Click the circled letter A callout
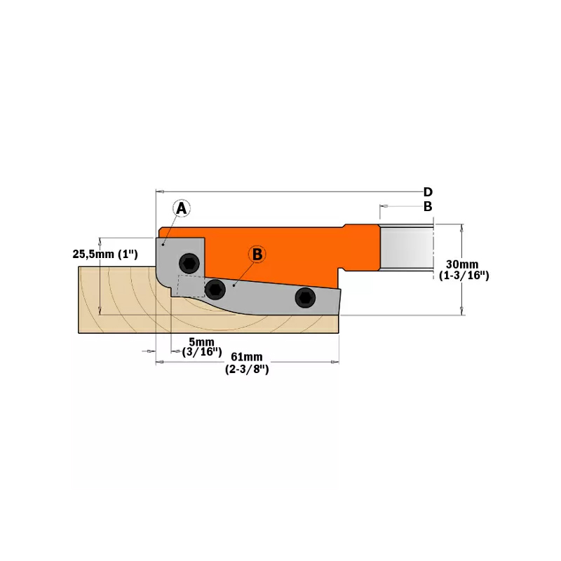[x=182, y=208]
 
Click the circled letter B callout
[x=257, y=255]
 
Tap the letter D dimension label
[x=427, y=192]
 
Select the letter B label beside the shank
[x=427, y=207]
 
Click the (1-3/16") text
[x=464, y=276]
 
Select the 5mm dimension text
[x=202, y=342]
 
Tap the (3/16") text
[x=202, y=352]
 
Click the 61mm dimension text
[x=246, y=357]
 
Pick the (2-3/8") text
[x=246, y=369]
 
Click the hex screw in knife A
[x=188, y=263]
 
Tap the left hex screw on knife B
[x=215, y=288]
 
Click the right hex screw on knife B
[x=305, y=297]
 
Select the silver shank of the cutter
[x=407, y=247]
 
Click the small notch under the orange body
[x=342, y=270]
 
